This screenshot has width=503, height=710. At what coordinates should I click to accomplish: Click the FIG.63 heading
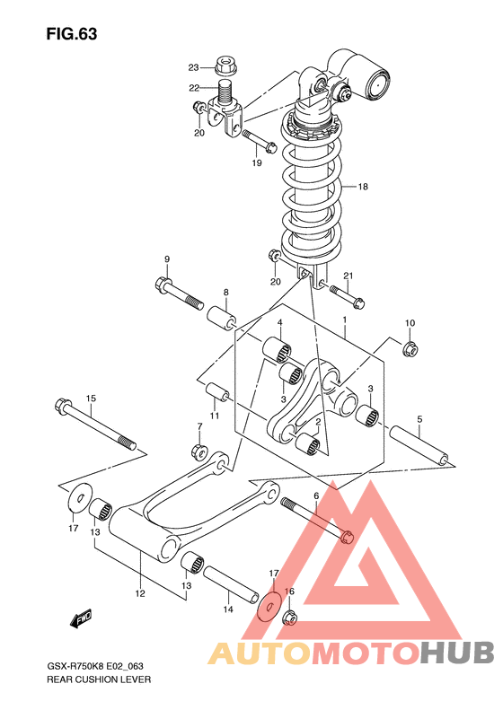pos(72,34)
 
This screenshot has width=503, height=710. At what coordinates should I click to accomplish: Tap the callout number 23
pos(193,67)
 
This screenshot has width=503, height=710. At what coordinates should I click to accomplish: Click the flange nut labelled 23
pos(224,66)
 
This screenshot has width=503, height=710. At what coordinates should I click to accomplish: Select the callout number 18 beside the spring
pos(363,187)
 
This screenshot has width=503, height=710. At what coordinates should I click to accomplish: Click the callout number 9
pos(167,259)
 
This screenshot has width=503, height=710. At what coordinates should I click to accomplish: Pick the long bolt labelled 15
pos(95,424)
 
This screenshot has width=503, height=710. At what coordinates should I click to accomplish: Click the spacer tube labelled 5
pos(421,448)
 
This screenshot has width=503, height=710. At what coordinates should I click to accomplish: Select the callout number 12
pos(140,593)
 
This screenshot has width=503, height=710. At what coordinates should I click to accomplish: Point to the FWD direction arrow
pos(81,618)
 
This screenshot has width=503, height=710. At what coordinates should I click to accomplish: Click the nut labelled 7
pos(199,451)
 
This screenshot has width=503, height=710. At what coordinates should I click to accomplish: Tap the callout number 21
pos(348,276)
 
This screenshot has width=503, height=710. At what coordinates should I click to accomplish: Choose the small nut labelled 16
pos(289,618)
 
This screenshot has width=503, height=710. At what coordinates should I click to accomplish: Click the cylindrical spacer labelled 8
pos(222,319)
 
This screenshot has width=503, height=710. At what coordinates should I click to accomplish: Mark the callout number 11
pos(215,416)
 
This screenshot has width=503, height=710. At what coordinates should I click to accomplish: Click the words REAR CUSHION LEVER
pos(99,679)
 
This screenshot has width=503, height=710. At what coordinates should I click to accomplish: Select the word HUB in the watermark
pos(457,653)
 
